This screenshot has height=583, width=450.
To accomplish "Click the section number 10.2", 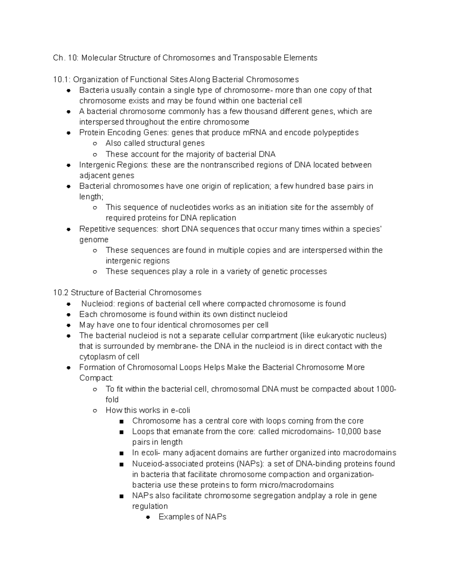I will [61, 292].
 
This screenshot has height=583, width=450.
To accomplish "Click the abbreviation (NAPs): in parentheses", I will [251, 464].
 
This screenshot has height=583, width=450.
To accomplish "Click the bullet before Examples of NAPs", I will [148, 517].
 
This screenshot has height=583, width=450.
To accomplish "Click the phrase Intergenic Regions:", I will [114, 165].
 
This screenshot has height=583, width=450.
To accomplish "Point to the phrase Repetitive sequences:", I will [118, 229].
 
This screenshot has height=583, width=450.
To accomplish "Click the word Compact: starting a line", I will [96, 378].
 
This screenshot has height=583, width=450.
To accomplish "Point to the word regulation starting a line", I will [150, 506].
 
